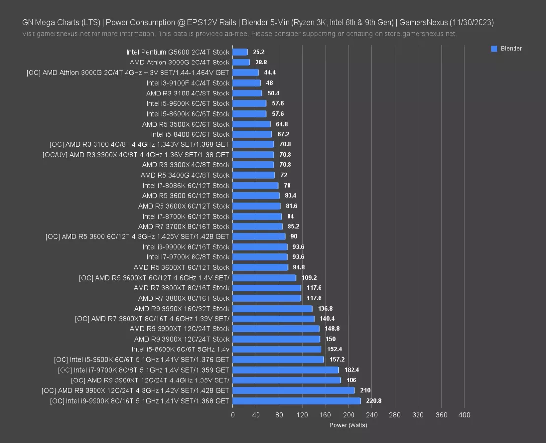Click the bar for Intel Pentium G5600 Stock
point(240,52)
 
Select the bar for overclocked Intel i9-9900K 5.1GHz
point(296,401)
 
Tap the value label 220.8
point(374,401)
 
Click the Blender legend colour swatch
point(494,49)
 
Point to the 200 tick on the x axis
point(349,415)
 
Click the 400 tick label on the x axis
point(464,415)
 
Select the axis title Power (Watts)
point(348,425)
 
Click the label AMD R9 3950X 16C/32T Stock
point(182,309)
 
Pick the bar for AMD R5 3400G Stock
point(254,175)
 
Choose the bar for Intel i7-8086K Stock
point(256,186)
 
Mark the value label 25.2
point(258,52)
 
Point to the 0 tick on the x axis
point(233,415)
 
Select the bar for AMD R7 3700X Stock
point(257,226)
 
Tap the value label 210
point(365,390)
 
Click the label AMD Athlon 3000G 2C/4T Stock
point(180,63)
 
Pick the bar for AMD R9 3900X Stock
point(276,339)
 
